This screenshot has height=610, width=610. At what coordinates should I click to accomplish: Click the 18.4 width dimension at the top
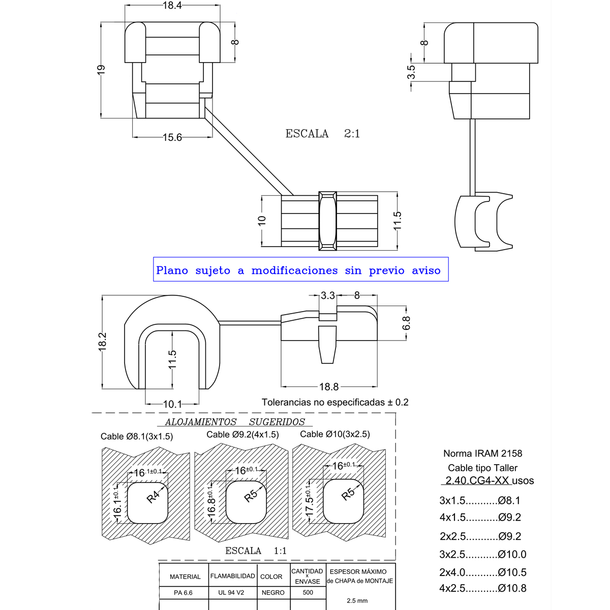tap(172, 6)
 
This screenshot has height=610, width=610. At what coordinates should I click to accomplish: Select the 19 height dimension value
tap(101, 70)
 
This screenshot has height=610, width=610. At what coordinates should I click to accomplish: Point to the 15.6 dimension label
tap(172, 137)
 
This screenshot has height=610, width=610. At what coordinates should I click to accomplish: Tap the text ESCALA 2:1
tap(322, 134)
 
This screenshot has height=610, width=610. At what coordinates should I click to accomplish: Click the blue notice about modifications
tap(300, 270)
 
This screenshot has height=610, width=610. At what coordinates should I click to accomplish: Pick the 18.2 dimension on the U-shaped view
tap(102, 341)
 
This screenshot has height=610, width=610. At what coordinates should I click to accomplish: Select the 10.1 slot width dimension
tap(172, 404)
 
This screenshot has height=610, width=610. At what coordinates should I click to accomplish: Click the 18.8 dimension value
tap(328, 387)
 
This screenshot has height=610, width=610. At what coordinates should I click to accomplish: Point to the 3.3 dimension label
tap(328, 295)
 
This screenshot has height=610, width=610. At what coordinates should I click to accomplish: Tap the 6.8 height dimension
tap(406, 323)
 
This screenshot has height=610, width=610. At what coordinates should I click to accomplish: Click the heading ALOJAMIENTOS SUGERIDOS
tap(235, 422)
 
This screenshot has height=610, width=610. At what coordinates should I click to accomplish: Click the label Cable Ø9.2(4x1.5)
tap(242, 435)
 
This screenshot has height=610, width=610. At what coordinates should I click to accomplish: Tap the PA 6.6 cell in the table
tap(184, 593)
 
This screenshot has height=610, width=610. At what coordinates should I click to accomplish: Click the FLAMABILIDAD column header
tap(232, 576)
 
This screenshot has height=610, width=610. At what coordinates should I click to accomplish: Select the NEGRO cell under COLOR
tap(273, 593)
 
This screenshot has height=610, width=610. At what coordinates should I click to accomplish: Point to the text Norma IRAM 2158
tap(482, 453)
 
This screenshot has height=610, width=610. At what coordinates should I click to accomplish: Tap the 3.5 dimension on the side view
tap(411, 72)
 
